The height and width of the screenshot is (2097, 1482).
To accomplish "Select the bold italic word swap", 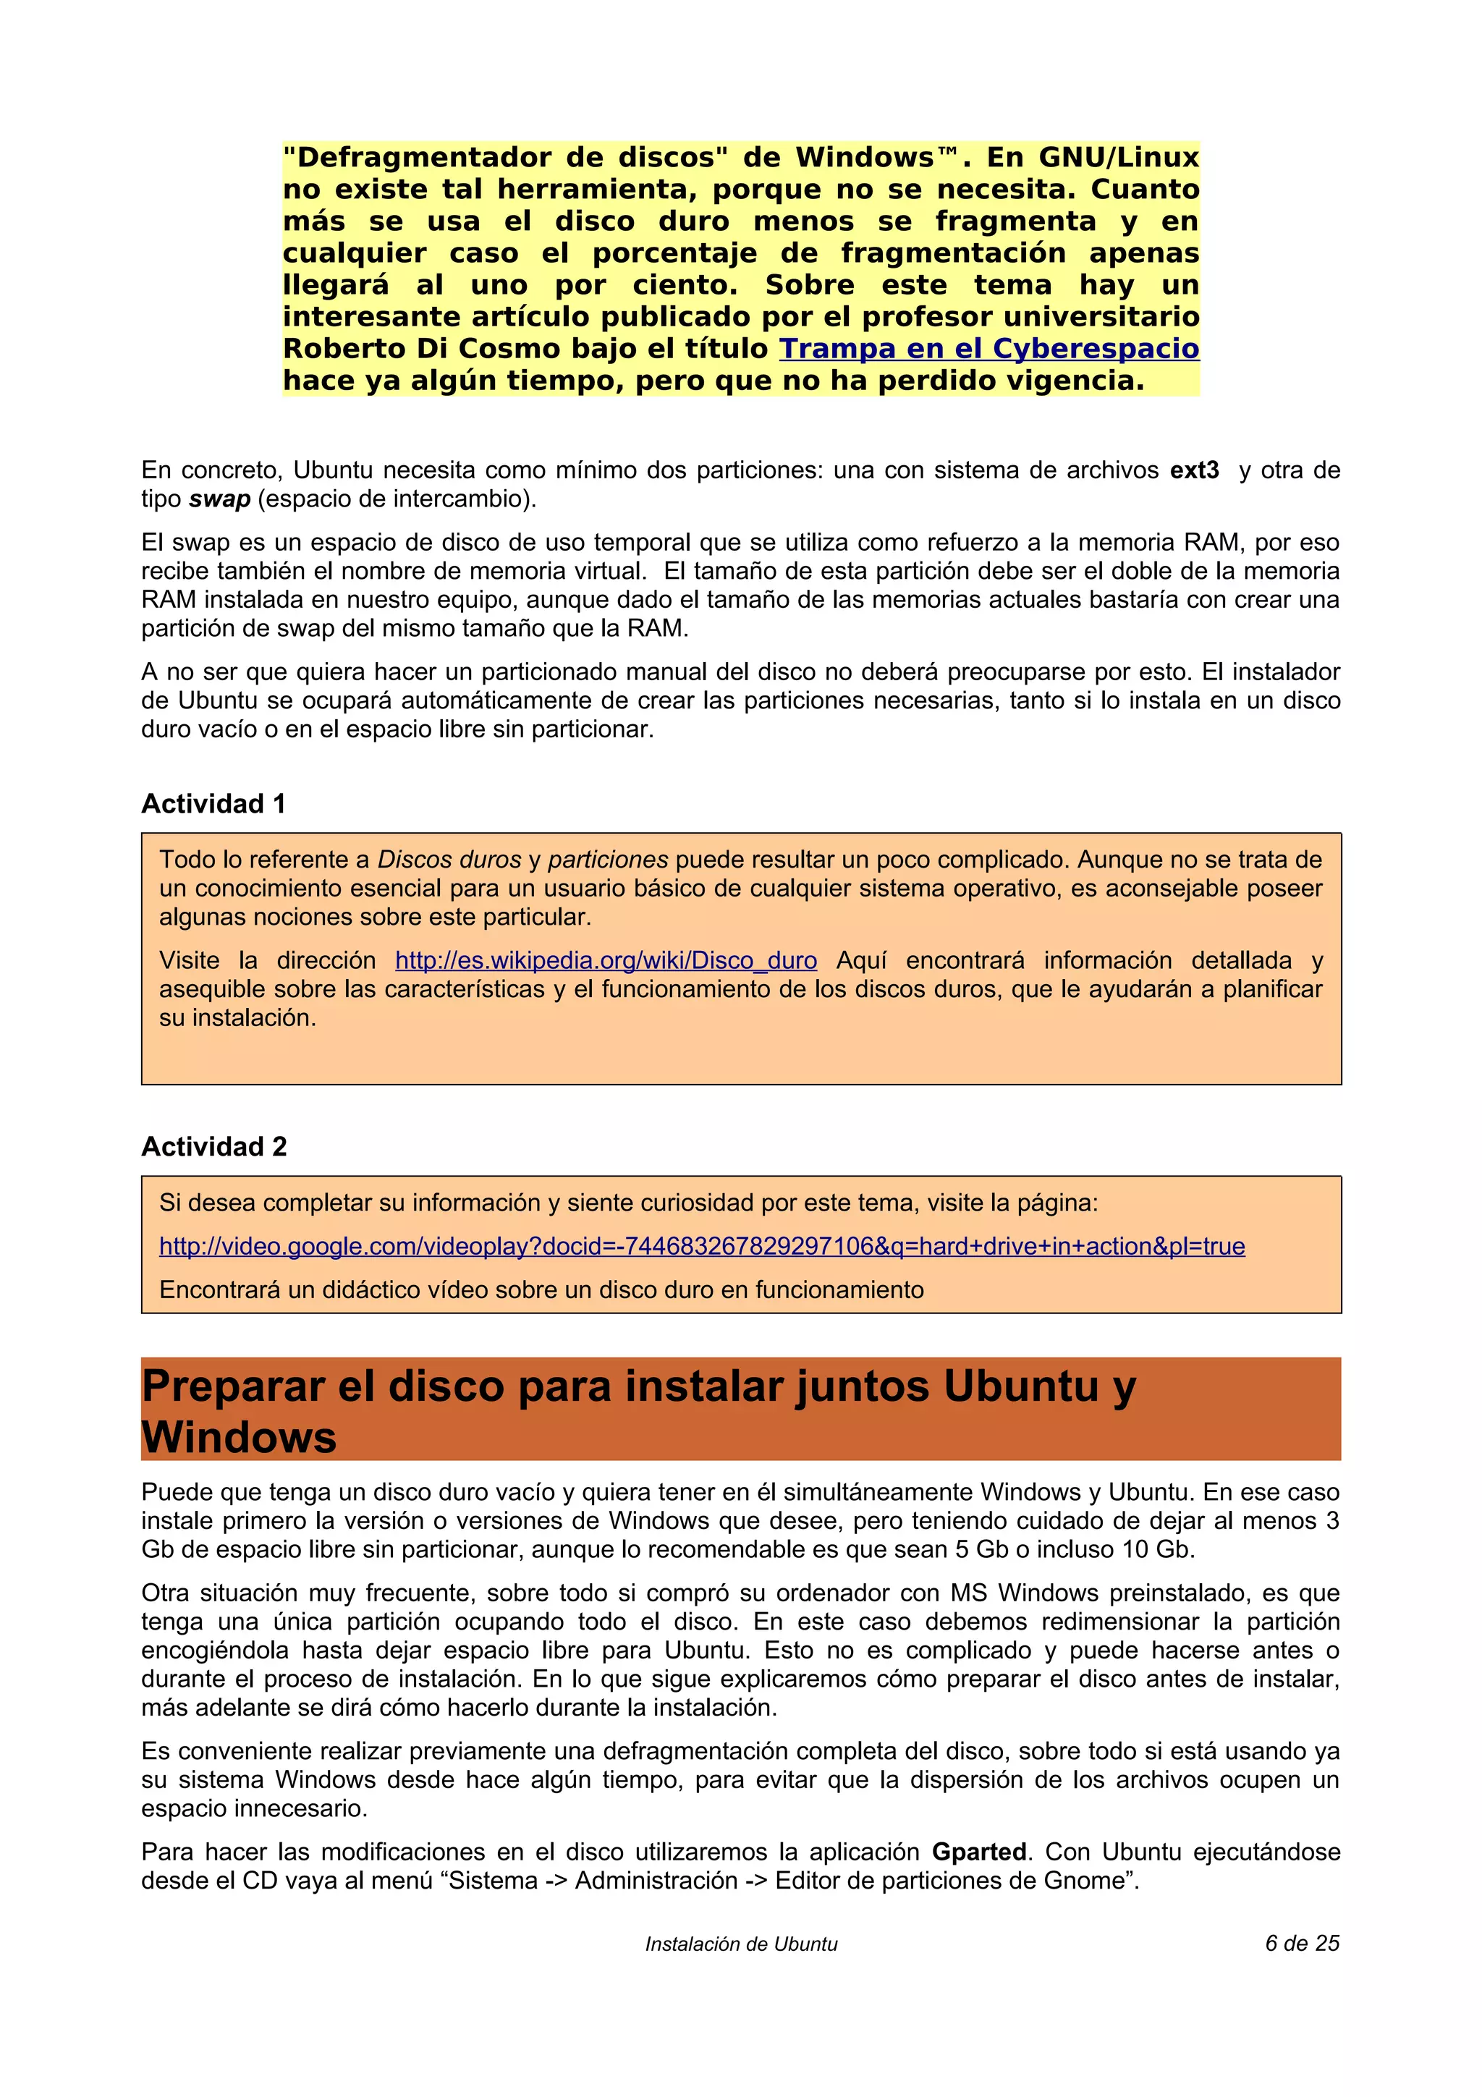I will coord(219,499).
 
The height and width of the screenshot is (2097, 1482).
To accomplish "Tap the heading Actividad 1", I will coord(213,804).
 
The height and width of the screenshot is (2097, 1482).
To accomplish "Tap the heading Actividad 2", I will coord(213,1147).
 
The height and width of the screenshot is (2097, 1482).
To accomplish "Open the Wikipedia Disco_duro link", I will coord(606,961).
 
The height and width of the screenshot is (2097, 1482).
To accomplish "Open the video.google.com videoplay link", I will coord(701,1247).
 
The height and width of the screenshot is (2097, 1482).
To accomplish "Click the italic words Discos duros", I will coord(449,860).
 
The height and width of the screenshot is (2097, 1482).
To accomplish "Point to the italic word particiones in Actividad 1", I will coord(608,860).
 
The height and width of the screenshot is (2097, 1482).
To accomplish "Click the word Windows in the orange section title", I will coord(240,1438).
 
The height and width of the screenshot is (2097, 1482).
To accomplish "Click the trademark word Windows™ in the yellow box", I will coord(876,158).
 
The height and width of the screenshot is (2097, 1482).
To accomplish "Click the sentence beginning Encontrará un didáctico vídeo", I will coord(541,1290).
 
